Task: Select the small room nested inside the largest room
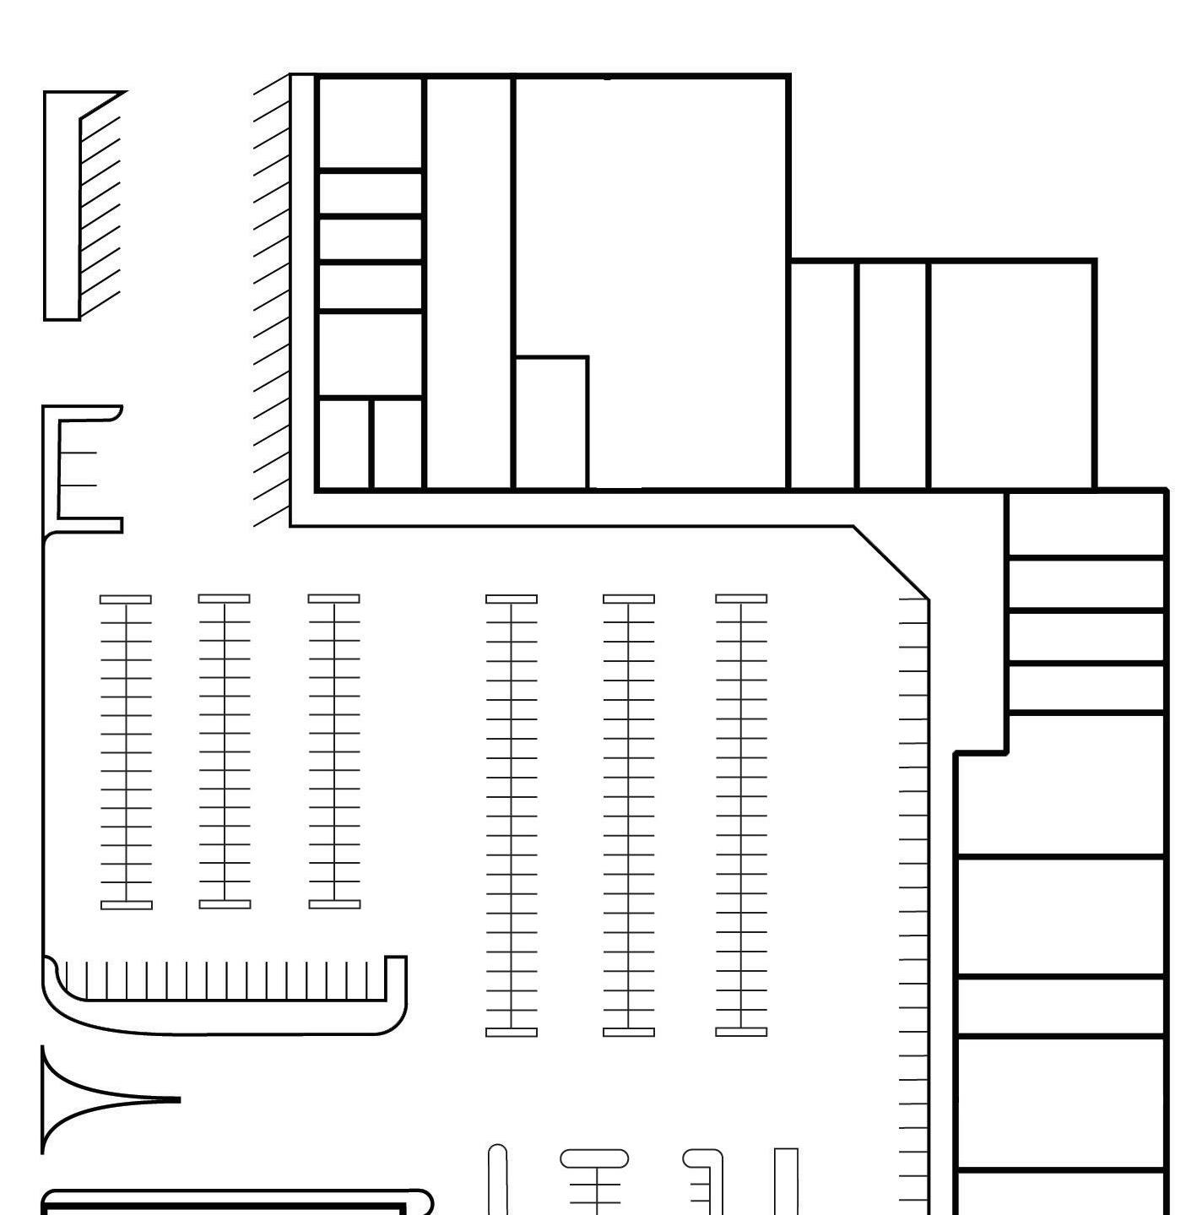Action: pyautogui.click(x=551, y=422)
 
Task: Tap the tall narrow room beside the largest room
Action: pyautogui.click(x=468, y=283)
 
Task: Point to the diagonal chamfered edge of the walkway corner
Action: pyautogui.click(x=891, y=562)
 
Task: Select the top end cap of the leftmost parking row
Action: pyautogui.click(x=126, y=599)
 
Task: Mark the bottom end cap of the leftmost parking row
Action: pyautogui.click(x=127, y=905)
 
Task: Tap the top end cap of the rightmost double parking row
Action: pyautogui.click(x=741, y=599)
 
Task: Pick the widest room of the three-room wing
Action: pyautogui.click(x=1011, y=375)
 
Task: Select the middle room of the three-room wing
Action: pyautogui.click(x=892, y=375)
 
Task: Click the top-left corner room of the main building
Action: pyautogui.click(x=370, y=123)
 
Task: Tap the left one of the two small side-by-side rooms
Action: pyautogui.click(x=344, y=443)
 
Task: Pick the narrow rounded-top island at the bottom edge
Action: pyautogui.click(x=498, y=1178)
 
